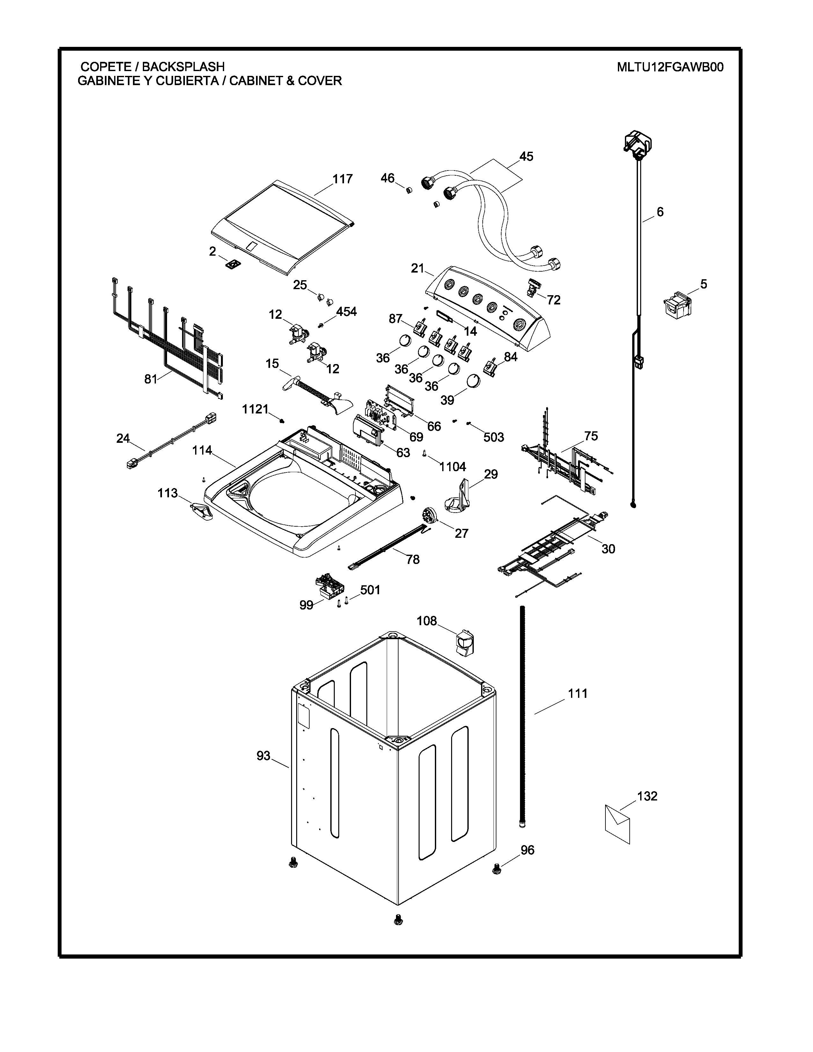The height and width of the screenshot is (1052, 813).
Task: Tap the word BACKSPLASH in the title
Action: coord(183,67)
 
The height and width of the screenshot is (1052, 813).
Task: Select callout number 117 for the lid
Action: coord(342,179)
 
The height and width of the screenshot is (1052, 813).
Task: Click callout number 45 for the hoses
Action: coord(526,157)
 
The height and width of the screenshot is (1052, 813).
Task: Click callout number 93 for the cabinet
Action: coord(263,756)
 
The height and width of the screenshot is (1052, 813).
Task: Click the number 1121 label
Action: coord(255,409)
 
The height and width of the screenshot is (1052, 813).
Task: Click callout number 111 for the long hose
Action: coord(577,694)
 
